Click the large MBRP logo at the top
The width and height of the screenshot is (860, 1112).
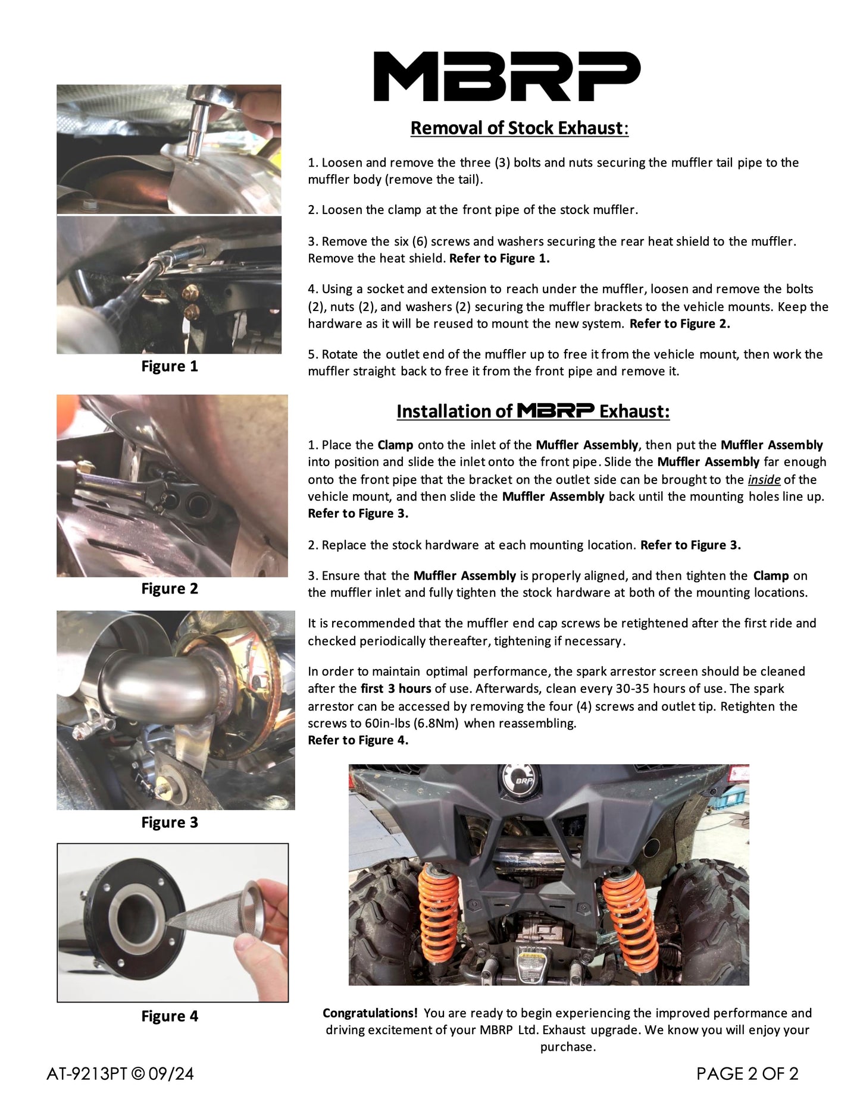[506, 76]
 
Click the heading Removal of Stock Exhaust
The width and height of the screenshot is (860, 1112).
[519, 128]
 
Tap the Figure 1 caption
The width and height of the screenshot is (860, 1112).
[169, 366]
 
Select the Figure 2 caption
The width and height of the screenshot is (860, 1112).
[169, 589]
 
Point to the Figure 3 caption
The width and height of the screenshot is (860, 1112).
[169, 822]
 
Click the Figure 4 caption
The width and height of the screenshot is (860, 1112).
[169, 1016]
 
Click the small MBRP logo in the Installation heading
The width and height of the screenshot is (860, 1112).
[555, 410]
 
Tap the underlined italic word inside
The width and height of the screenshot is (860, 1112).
[764, 479]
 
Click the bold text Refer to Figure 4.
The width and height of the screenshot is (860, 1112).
[358, 740]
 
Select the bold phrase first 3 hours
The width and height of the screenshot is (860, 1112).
[396, 689]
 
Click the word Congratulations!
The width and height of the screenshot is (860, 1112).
[370, 1013]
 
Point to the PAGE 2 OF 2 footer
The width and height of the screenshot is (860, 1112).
[747, 1074]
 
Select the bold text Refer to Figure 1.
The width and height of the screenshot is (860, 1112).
[499, 259]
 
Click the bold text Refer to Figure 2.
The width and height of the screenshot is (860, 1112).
[680, 324]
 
